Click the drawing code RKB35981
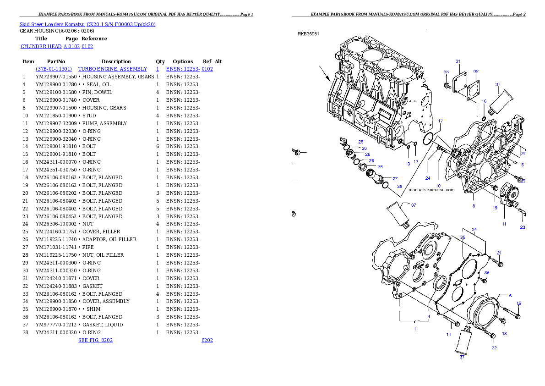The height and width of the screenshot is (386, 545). tap(308, 33)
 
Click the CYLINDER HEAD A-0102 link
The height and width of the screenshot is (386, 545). tap(57, 46)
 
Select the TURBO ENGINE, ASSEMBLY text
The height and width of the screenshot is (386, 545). tap(113, 69)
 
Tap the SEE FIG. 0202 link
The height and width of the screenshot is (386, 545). tap(95, 340)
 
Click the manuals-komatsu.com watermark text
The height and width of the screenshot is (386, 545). tap(431, 190)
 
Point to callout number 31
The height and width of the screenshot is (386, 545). tap(458, 61)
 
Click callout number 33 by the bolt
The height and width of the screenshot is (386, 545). tap(446, 72)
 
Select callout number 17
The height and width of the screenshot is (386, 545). tap(441, 121)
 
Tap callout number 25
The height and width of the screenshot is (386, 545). tap(361, 142)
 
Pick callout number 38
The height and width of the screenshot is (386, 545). tap(400, 187)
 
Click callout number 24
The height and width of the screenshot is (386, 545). tap(428, 178)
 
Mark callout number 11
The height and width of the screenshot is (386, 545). tap(504, 224)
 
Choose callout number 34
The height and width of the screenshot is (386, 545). tap(474, 229)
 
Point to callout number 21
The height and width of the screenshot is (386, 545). tap(500, 253)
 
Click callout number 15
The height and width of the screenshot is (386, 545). tap(519, 303)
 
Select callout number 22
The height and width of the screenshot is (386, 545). tap(494, 347)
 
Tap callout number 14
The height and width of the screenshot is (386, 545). tap(449, 335)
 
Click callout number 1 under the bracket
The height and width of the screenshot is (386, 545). tap(414, 329)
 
